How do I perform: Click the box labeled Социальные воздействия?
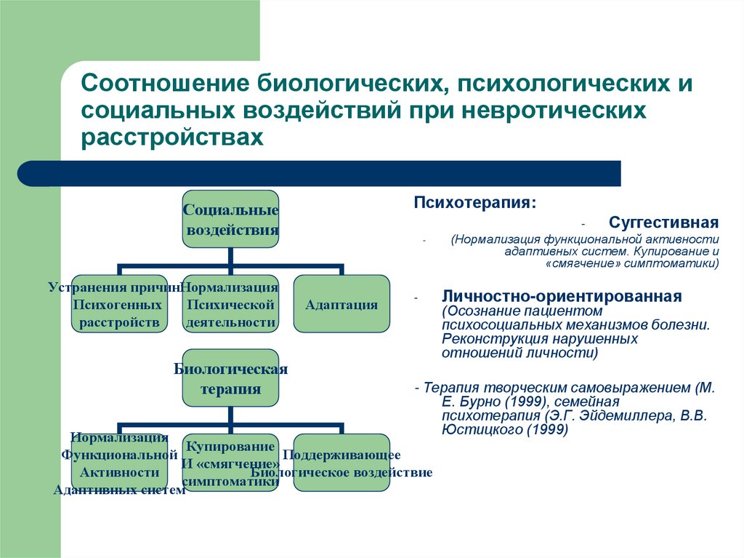pos(230,219)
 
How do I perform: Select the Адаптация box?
pos(341,304)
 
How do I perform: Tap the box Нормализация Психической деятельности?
pos(230,304)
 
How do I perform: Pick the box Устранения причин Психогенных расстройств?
pos(119,304)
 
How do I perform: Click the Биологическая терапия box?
pos(230,378)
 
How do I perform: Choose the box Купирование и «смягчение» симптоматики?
pos(230,463)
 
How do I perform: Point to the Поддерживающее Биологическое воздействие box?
pos(341,463)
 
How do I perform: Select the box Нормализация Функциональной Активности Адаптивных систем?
pos(119,463)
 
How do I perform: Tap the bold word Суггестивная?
pos(663,222)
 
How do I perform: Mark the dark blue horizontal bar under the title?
pos(320,174)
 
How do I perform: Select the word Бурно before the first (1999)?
pos(474,402)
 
